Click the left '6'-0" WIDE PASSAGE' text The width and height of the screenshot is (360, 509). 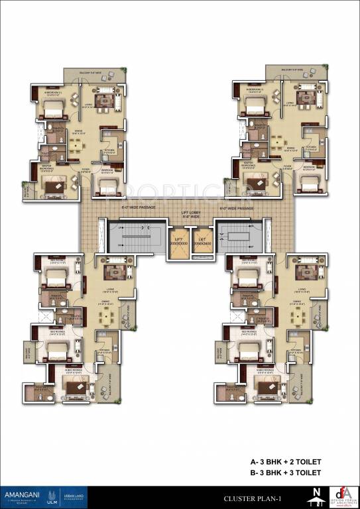(x=138, y=207)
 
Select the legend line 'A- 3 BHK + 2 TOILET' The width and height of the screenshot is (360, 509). (x=286, y=462)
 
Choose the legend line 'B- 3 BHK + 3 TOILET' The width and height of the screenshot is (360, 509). (x=286, y=473)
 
